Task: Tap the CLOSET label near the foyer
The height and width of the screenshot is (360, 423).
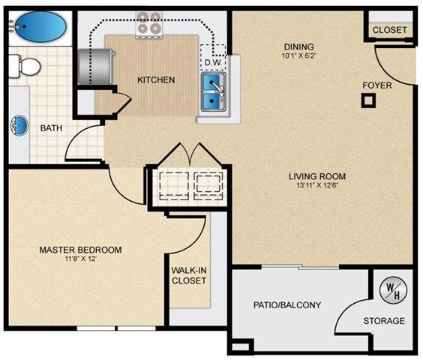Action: [x=390, y=30]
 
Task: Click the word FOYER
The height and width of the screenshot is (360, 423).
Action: [x=376, y=85]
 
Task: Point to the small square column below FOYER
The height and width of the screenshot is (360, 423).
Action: [x=367, y=101]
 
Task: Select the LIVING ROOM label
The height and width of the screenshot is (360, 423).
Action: [x=317, y=177]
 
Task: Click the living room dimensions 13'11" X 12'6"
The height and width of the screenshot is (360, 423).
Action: [x=317, y=187]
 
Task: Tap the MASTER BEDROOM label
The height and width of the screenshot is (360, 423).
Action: [x=81, y=250]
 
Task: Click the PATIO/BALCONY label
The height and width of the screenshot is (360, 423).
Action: [x=289, y=304]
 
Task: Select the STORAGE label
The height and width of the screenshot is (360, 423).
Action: [x=384, y=321]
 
